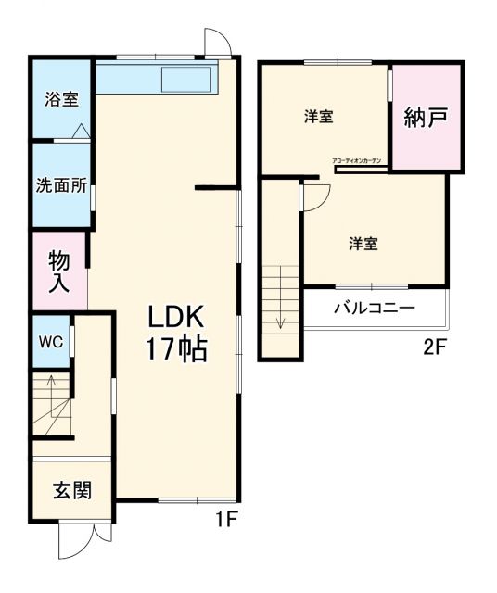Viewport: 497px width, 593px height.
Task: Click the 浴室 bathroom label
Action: [62, 99]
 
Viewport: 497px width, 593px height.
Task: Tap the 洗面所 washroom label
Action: [61, 184]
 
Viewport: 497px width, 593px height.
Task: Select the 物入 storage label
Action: [59, 271]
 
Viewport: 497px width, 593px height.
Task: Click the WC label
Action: [50, 341]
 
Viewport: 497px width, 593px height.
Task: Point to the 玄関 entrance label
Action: [71, 491]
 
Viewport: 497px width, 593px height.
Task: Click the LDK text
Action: [174, 317]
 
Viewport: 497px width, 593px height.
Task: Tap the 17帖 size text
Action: [174, 349]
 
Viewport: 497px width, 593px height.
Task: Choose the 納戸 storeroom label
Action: [426, 119]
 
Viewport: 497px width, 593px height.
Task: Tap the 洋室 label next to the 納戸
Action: [319, 118]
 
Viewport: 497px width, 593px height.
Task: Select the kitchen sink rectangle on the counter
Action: [188, 81]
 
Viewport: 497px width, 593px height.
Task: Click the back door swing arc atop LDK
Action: [215, 43]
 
